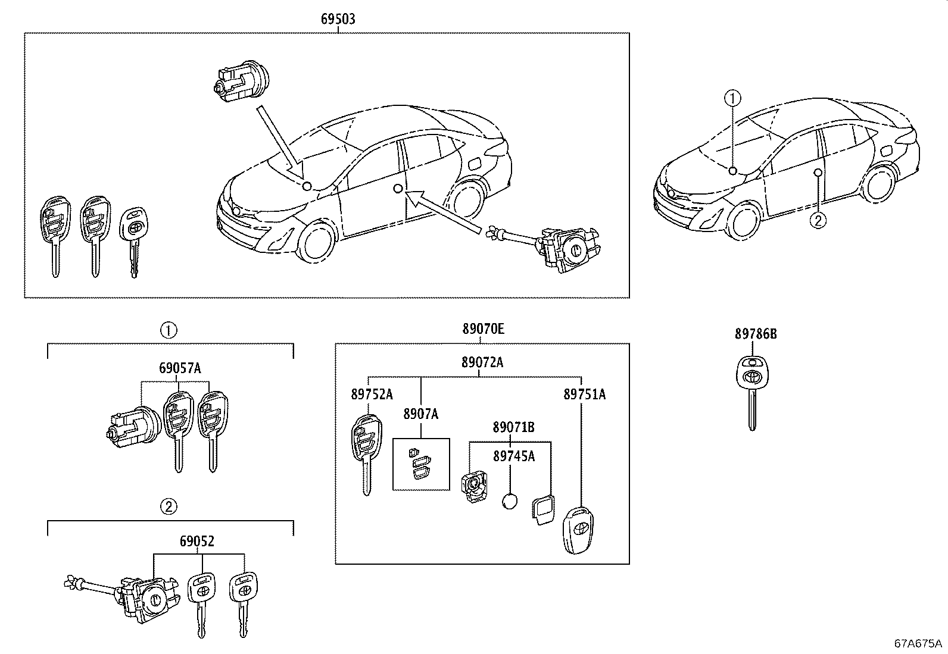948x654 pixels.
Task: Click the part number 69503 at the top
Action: click(x=338, y=18)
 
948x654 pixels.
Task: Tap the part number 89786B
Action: click(x=755, y=334)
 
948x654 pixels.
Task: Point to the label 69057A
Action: click(x=180, y=368)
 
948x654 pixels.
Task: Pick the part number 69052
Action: click(x=197, y=542)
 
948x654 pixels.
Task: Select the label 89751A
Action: click(x=584, y=394)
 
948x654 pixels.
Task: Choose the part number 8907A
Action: click(x=420, y=414)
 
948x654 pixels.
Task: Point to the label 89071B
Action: click(x=513, y=427)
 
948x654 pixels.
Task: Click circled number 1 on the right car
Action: click(x=732, y=96)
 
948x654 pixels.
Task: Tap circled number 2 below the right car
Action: click(x=818, y=220)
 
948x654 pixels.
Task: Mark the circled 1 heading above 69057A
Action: click(x=169, y=330)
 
